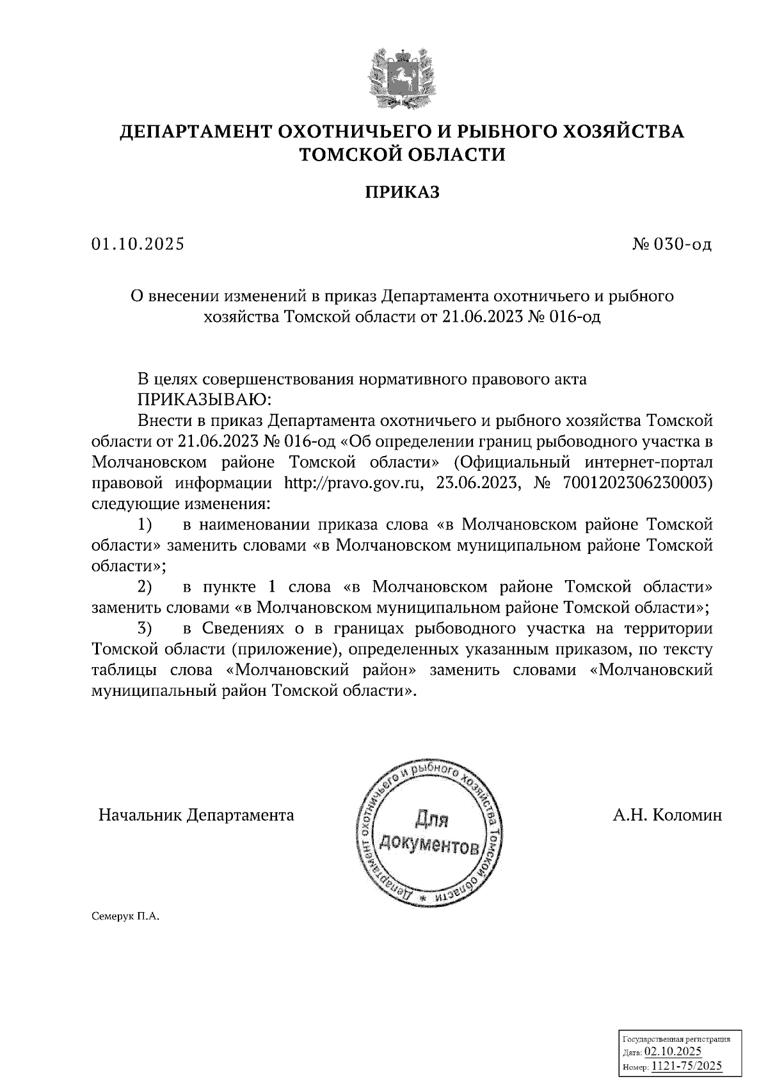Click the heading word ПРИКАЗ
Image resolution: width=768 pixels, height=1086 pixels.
(x=403, y=192)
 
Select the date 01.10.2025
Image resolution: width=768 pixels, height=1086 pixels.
(x=138, y=244)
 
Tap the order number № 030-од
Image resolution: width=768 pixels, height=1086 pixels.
(x=671, y=244)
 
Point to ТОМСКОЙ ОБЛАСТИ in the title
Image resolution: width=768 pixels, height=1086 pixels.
(x=403, y=154)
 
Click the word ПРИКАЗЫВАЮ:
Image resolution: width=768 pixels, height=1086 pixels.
(x=204, y=400)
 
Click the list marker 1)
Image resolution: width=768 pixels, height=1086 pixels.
(x=145, y=525)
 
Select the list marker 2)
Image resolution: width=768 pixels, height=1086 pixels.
(x=145, y=586)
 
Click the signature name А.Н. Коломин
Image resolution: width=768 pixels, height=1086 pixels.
(x=667, y=815)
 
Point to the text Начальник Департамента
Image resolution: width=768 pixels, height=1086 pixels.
(x=196, y=815)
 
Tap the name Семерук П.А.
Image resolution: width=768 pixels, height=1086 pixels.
(x=125, y=917)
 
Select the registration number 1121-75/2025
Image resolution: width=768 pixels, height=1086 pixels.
(x=686, y=1066)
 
